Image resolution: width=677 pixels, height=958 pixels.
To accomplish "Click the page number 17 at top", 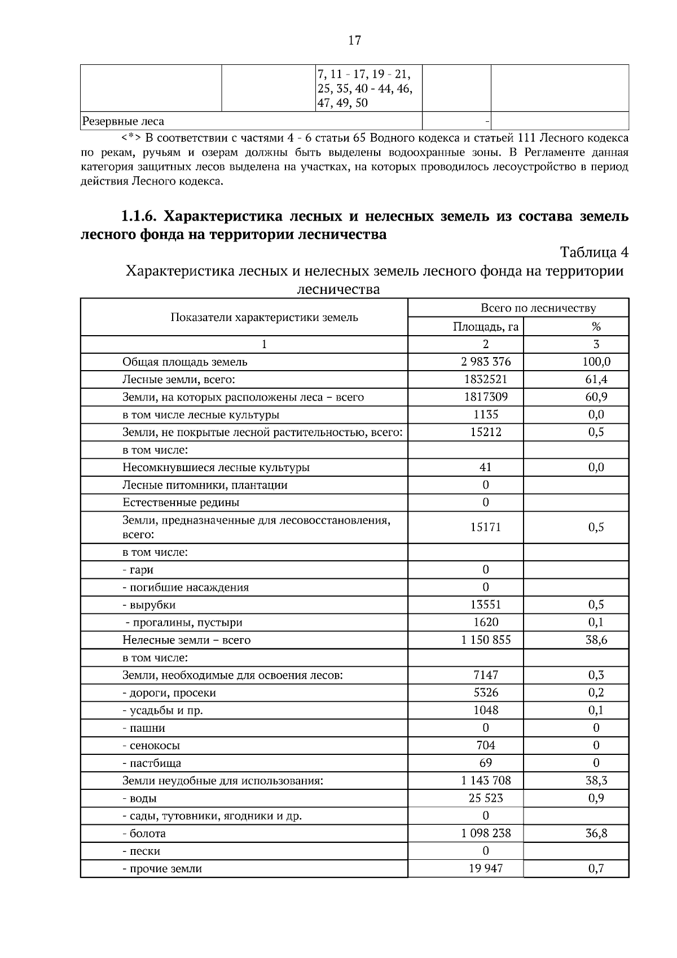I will tap(354, 40).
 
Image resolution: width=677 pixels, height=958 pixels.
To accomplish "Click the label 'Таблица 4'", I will tap(594, 252).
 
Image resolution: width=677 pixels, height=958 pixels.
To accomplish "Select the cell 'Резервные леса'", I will tap(124, 121).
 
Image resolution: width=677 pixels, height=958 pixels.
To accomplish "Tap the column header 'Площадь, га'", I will tap(485, 327).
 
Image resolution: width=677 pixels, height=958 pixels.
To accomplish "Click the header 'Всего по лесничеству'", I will tap(538, 308).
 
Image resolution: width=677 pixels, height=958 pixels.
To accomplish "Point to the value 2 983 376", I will tap(486, 362).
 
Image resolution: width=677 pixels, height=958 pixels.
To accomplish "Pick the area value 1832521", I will tap(486, 379).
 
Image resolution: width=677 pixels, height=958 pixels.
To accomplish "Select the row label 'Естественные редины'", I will tap(181, 502).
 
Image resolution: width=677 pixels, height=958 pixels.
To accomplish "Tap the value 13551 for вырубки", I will tap(486, 605).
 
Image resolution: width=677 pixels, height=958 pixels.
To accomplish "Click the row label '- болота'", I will tap(144, 833).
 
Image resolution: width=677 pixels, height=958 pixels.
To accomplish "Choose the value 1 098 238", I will tap(486, 833).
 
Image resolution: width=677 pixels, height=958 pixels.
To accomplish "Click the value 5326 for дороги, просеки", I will tap(486, 693).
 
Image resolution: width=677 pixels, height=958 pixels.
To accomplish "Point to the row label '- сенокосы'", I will tap(151, 745).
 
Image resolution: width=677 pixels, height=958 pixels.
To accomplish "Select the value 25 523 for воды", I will tap(486, 798).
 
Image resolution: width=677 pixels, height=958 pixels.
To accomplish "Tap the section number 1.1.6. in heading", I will tap(142, 217).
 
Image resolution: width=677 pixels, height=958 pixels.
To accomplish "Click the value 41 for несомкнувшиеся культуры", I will tap(485, 467).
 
